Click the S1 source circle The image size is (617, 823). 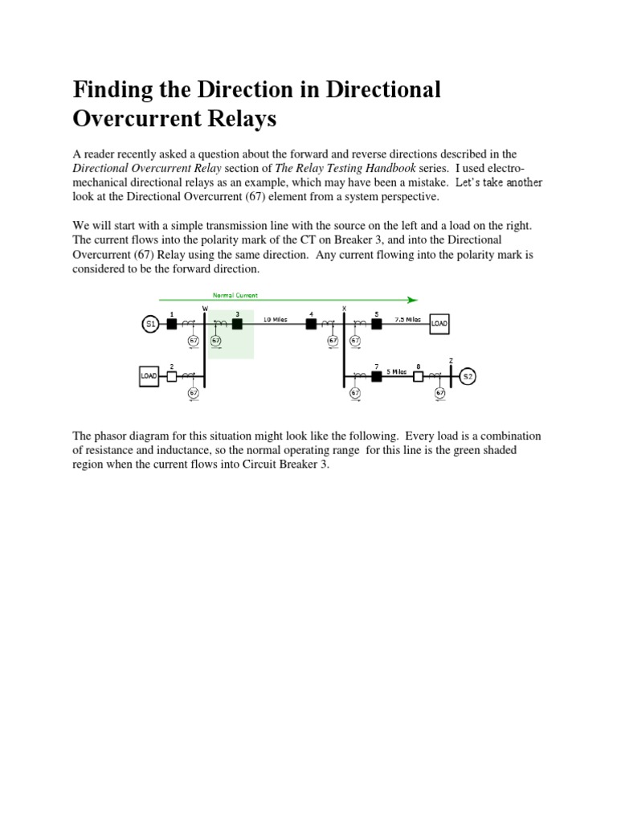(150, 324)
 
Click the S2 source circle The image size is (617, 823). (468, 375)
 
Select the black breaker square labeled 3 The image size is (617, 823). (237, 324)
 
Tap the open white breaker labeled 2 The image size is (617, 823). (171, 375)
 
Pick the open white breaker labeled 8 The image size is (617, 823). (418, 375)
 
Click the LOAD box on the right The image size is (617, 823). (439, 324)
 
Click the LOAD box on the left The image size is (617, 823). (149, 376)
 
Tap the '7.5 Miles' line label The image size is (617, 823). (408, 319)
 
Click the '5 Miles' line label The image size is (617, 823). (396, 371)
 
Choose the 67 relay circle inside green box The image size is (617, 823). (215, 341)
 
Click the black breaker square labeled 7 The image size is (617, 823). (376, 375)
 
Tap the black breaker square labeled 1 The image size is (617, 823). (171, 324)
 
